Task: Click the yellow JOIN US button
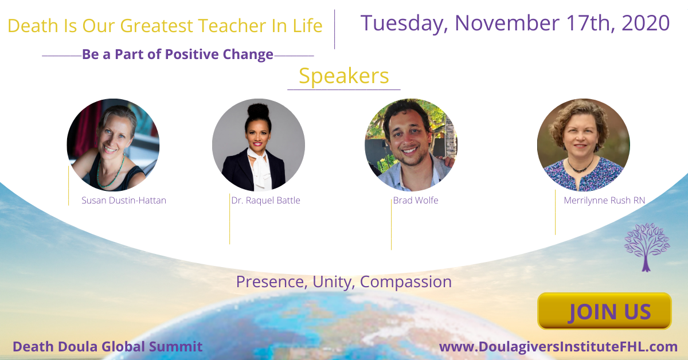604,311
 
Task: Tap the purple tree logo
647,247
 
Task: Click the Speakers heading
343,76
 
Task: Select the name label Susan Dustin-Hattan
124,200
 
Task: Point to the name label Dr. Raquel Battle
265,200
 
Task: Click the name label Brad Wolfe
416,200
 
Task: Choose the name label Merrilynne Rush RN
604,200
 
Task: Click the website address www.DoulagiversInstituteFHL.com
558,347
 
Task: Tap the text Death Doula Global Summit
108,346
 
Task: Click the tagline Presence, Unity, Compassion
343,281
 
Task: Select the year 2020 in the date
646,23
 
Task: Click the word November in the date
507,23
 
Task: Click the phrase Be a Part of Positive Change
178,54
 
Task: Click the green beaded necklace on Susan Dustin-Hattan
111,172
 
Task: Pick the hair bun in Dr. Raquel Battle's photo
258,110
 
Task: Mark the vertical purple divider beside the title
334,29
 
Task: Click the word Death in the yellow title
33,25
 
